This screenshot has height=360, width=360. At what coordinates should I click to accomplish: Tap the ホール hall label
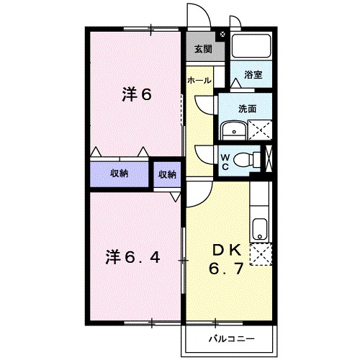tap(199, 81)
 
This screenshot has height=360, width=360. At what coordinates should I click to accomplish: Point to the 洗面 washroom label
tap(248, 109)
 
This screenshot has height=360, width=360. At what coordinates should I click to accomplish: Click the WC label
tap(225, 162)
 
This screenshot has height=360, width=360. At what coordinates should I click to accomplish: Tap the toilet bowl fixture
tap(248, 159)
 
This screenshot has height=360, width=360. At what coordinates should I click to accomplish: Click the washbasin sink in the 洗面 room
tap(233, 130)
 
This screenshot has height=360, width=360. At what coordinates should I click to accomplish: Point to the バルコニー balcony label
tap(228, 336)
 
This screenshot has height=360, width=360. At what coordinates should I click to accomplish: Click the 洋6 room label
tap(137, 94)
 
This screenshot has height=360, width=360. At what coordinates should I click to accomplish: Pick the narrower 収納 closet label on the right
tap(167, 174)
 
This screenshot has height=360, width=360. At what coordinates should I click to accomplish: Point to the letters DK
tap(224, 251)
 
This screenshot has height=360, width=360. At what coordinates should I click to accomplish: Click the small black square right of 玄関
tap(222, 34)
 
